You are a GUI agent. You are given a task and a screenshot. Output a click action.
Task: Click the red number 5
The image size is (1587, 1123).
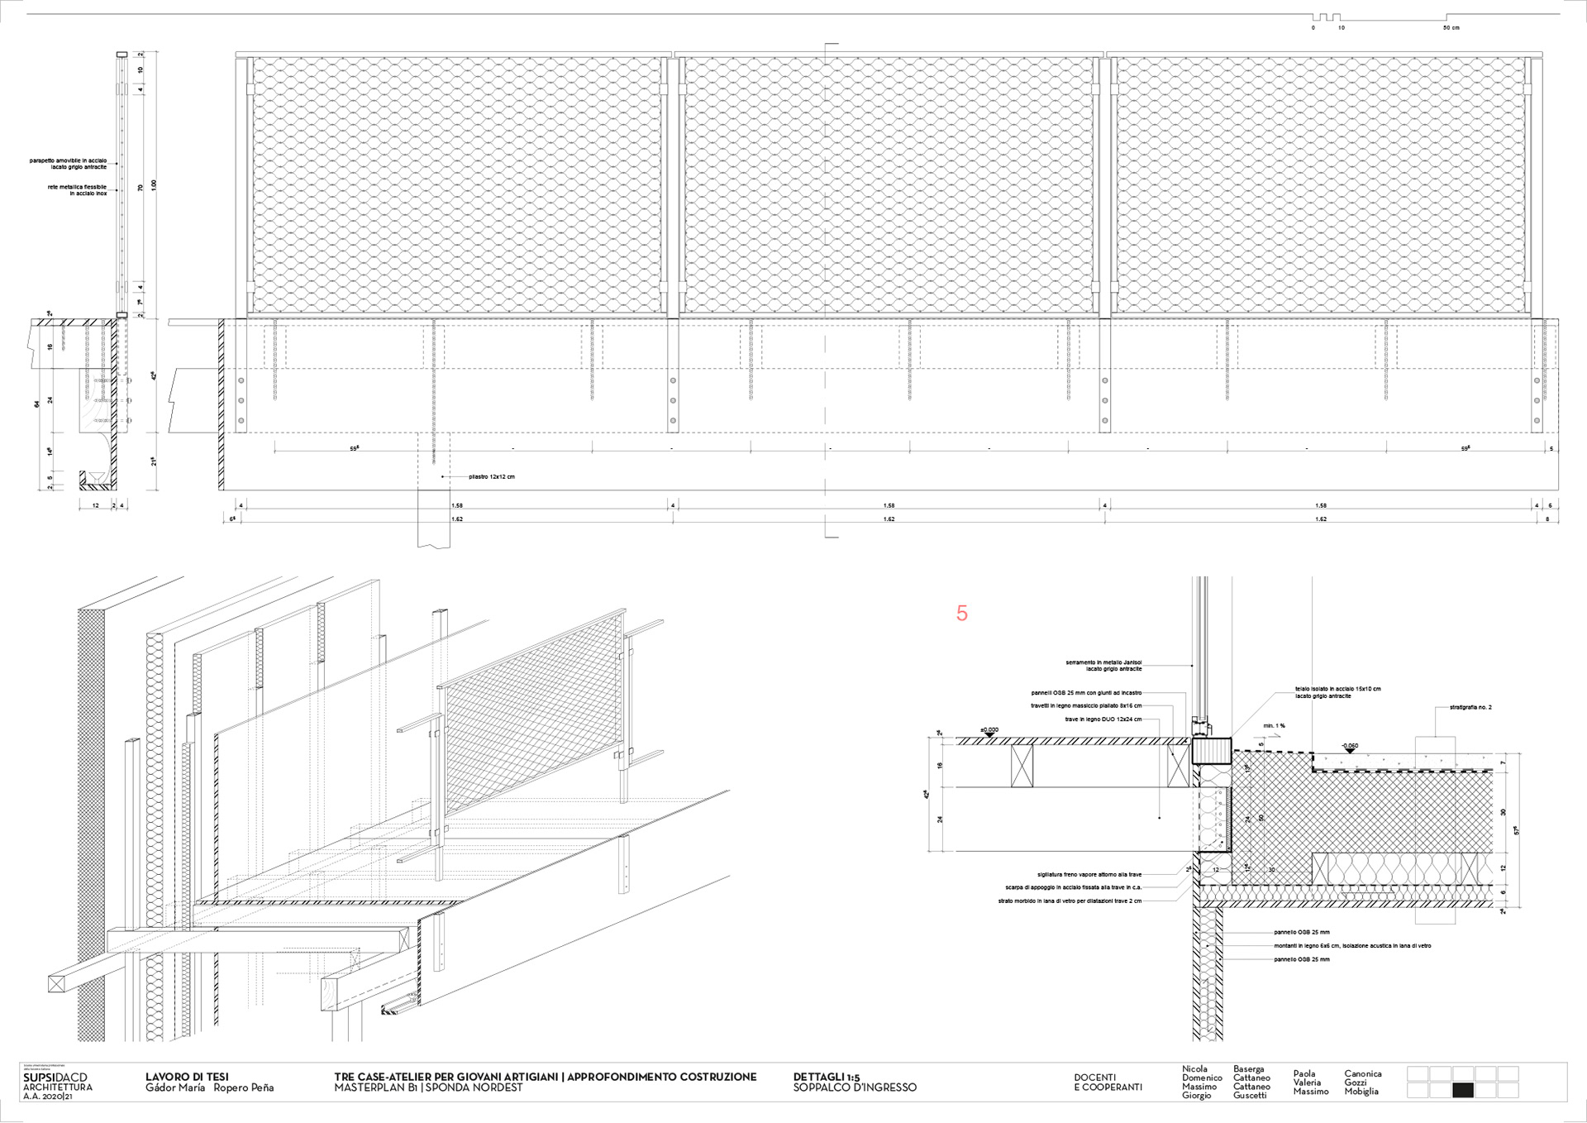[961, 614]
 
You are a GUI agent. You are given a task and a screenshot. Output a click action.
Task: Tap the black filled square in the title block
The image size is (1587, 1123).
[1462, 1091]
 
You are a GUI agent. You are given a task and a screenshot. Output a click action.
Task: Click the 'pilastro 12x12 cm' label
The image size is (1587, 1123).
[491, 477]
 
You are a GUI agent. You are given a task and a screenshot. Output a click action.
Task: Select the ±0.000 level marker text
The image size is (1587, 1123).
[989, 730]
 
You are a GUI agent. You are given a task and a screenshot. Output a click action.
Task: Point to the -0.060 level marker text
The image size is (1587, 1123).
[1349, 746]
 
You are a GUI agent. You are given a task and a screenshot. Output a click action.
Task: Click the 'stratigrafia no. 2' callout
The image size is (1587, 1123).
[1470, 708]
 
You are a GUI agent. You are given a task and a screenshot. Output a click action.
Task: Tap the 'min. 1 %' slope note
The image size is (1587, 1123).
[1274, 725]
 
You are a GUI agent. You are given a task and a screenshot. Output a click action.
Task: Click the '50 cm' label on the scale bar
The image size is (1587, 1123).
[1451, 28]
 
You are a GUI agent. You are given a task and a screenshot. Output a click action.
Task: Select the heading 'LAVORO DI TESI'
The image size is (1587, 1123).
[187, 1077]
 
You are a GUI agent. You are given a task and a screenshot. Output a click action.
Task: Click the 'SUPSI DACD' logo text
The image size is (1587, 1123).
[55, 1077]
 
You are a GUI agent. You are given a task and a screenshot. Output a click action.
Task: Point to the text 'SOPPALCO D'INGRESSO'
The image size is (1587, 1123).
[855, 1087]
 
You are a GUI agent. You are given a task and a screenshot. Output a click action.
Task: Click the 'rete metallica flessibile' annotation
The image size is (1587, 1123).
[77, 190]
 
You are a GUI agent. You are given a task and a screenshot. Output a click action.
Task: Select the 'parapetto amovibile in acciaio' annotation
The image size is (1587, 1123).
[69, 163]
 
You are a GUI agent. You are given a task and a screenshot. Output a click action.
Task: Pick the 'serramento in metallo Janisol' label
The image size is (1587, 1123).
[1103, 665]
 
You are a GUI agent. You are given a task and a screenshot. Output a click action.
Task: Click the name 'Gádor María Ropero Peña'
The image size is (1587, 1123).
[209, 1088]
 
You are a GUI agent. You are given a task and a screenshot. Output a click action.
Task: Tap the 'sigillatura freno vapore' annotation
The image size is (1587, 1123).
[1089, 874]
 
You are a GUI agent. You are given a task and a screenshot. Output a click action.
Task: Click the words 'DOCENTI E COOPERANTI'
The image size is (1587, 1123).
[1108, 1082]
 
